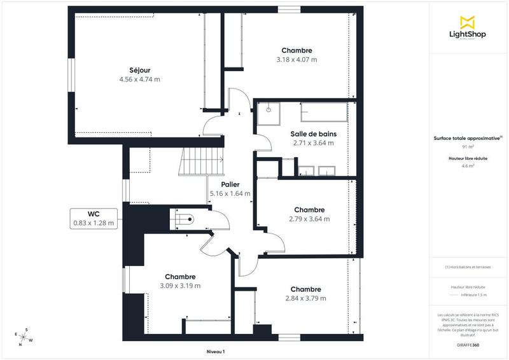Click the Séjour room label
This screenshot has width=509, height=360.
(139, 70)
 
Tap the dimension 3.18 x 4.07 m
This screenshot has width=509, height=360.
(296, 59)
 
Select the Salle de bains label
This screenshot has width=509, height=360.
(313, 134)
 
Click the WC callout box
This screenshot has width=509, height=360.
(94, 218)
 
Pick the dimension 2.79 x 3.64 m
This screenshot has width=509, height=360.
(309, 219)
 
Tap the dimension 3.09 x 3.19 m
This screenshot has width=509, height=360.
(180, 286)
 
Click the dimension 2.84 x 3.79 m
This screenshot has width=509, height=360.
(305, 298)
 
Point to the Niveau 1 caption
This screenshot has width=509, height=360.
(216, 351)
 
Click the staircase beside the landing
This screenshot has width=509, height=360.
(201, 162)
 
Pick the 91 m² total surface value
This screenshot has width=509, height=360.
(469, 146)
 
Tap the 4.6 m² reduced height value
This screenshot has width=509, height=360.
(469, 165)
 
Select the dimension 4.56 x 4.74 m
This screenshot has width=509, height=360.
(139, 80)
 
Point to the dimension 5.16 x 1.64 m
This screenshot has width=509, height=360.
(230, 193)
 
